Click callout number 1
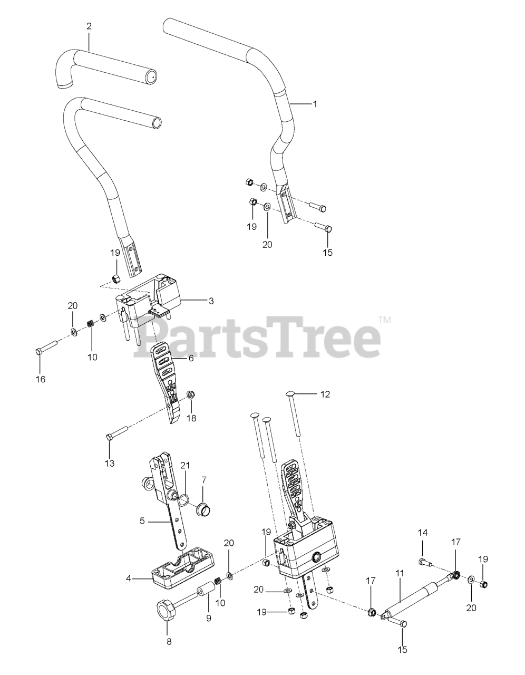[x=315, y=104]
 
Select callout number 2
[x=89, y=26]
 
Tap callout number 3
[x=211, y=301]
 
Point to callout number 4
[x=129, y=579]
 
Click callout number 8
[x=169, y=642]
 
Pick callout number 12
[x=325, y=394]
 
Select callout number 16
[x=41, y=379]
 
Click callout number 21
[x=184, y=465]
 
